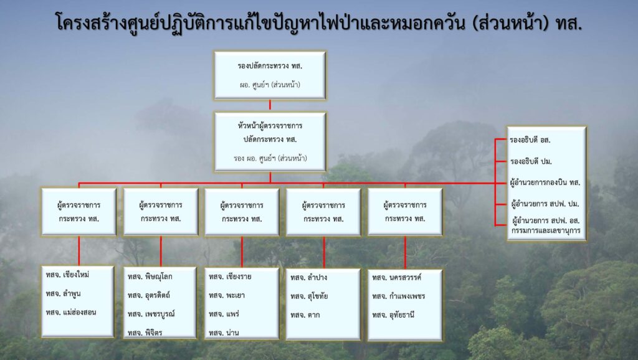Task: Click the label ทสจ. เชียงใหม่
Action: [67, 275]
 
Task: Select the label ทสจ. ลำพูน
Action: [63, 294]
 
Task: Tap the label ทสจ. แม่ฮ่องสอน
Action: [71, 313]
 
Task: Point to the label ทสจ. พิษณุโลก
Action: [150, 277]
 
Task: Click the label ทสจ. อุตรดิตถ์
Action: [148, 295]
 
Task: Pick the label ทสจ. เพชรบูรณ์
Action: [151, 314]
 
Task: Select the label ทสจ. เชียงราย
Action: [231, 277]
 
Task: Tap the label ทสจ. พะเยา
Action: [227, 295]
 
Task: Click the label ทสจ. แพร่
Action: [224, 314]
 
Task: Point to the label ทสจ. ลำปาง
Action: [309, 277]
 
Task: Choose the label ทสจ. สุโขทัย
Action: [309, 296]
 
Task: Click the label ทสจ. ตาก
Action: [305, 315]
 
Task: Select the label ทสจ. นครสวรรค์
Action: [397, 277]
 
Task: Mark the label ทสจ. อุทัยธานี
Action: [393, 315]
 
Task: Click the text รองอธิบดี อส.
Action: [530, 140]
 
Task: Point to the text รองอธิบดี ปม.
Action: [531, 161]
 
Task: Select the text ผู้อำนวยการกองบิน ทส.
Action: [545, 182]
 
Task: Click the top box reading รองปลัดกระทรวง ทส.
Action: [270, 75]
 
